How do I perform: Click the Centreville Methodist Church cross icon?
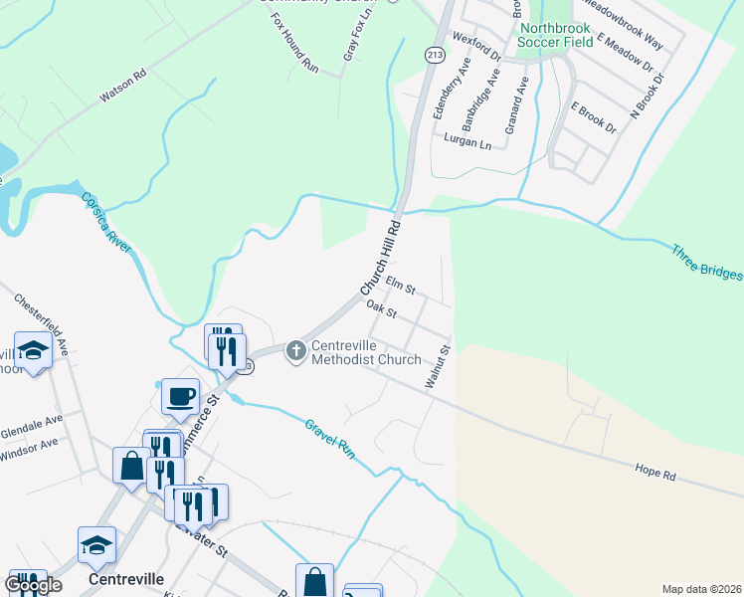(x=295, y=351)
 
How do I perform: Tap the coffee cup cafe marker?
(x=181, y=396)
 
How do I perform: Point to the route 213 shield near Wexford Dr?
(x=434, y=55)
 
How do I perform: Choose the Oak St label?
(x=382, y=310)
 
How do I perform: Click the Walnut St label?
(x=437, y=366)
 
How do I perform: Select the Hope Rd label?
(x=655, y=472)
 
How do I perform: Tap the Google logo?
(x=33, y=584)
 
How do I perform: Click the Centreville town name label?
(x=125, y=577)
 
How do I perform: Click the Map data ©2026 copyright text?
(x=700, y=589)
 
